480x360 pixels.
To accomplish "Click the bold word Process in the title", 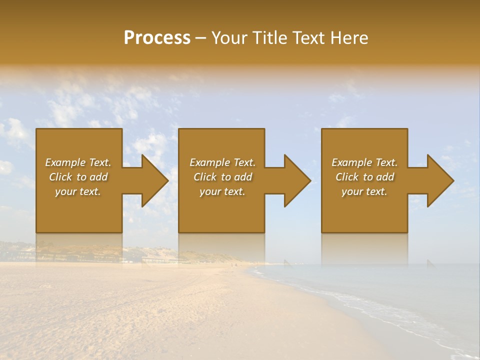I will point(157,38).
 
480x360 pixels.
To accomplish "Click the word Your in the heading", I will point(230,38).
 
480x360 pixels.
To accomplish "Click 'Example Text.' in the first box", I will point(78,162).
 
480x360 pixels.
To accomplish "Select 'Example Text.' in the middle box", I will point(222,162).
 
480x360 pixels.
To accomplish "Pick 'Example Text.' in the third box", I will point(364,162).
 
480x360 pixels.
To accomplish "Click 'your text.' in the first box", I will point(78,191).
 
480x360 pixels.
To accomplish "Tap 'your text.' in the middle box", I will point(222,191).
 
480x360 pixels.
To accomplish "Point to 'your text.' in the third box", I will point(364,191).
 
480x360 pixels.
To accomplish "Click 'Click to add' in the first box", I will point(78,177).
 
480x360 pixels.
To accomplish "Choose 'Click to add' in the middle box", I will point(222,177).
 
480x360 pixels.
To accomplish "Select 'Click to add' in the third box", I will point(364,177).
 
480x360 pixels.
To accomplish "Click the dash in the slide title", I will point(201,38).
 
